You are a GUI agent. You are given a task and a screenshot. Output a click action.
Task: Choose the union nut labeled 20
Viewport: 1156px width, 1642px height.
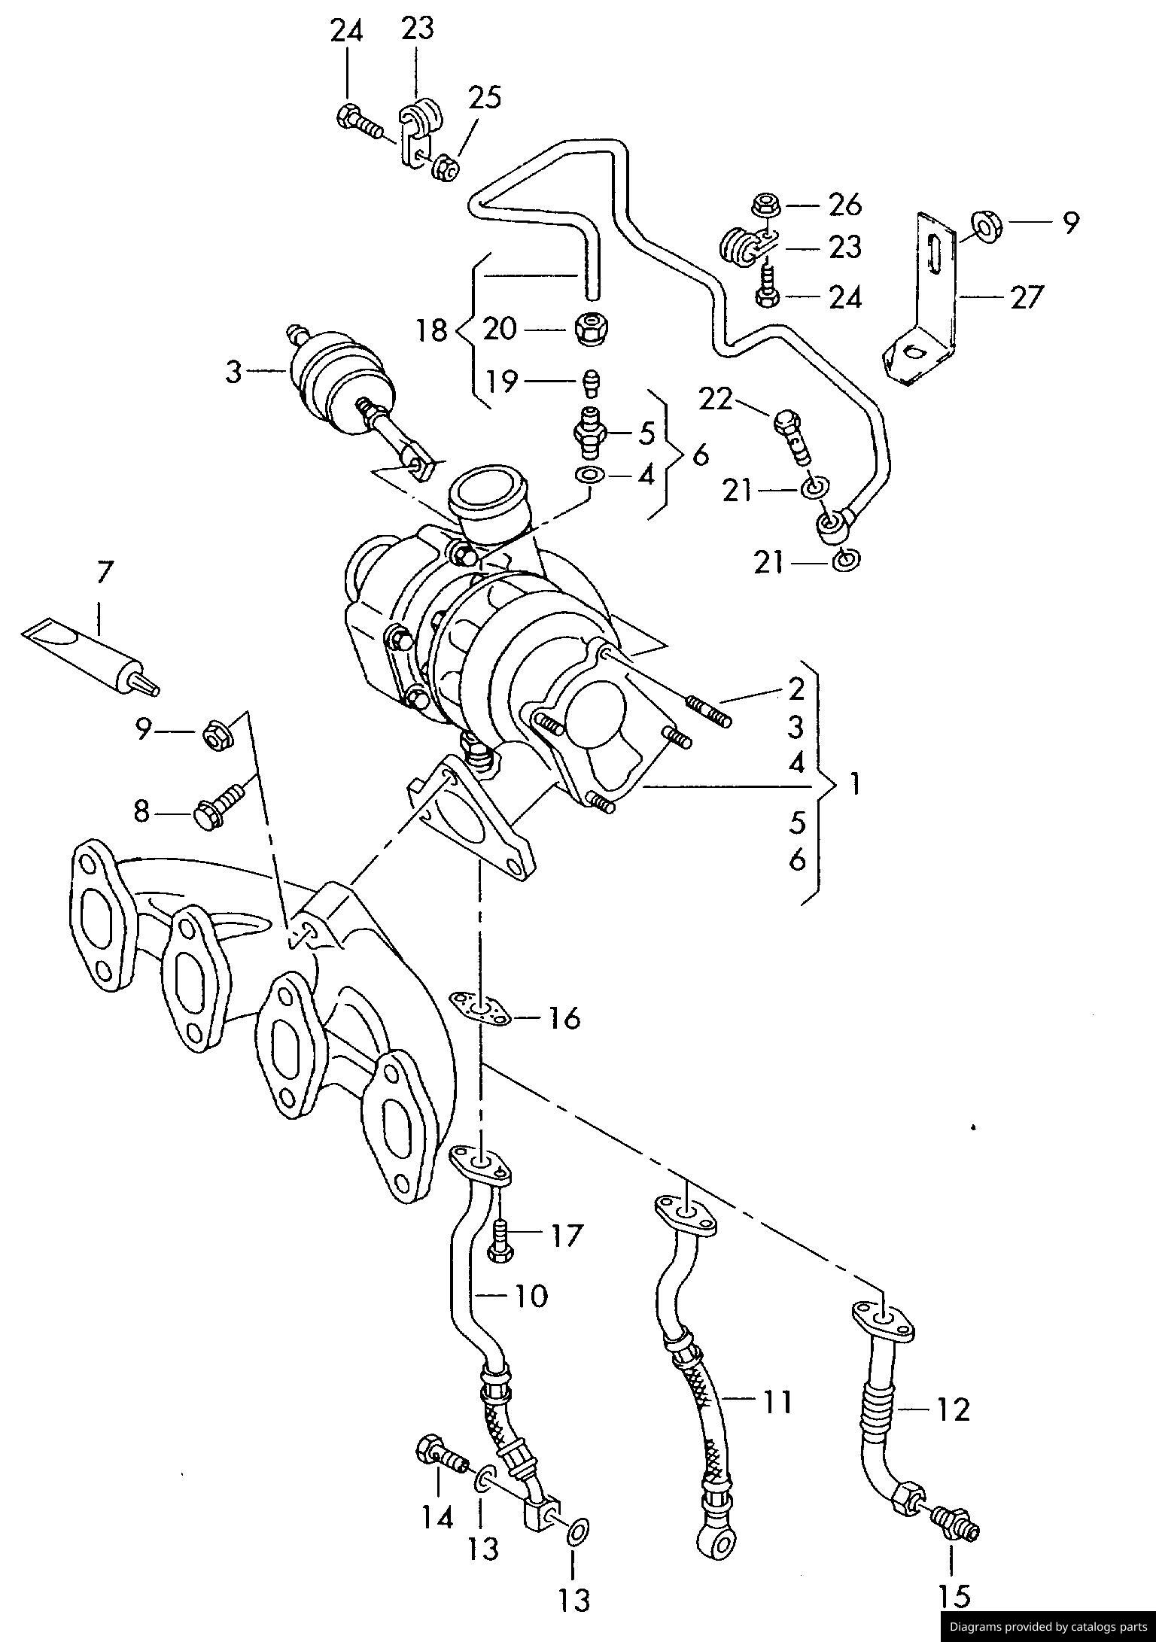(x=592, y=329)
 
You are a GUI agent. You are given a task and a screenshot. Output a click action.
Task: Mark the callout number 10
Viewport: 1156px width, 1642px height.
(x=531, y=1296)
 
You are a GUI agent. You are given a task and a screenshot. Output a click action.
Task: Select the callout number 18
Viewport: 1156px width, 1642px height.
(x=432, y=330)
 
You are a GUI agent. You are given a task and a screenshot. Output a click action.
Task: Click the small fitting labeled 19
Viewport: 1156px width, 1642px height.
(x=592, y=382)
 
